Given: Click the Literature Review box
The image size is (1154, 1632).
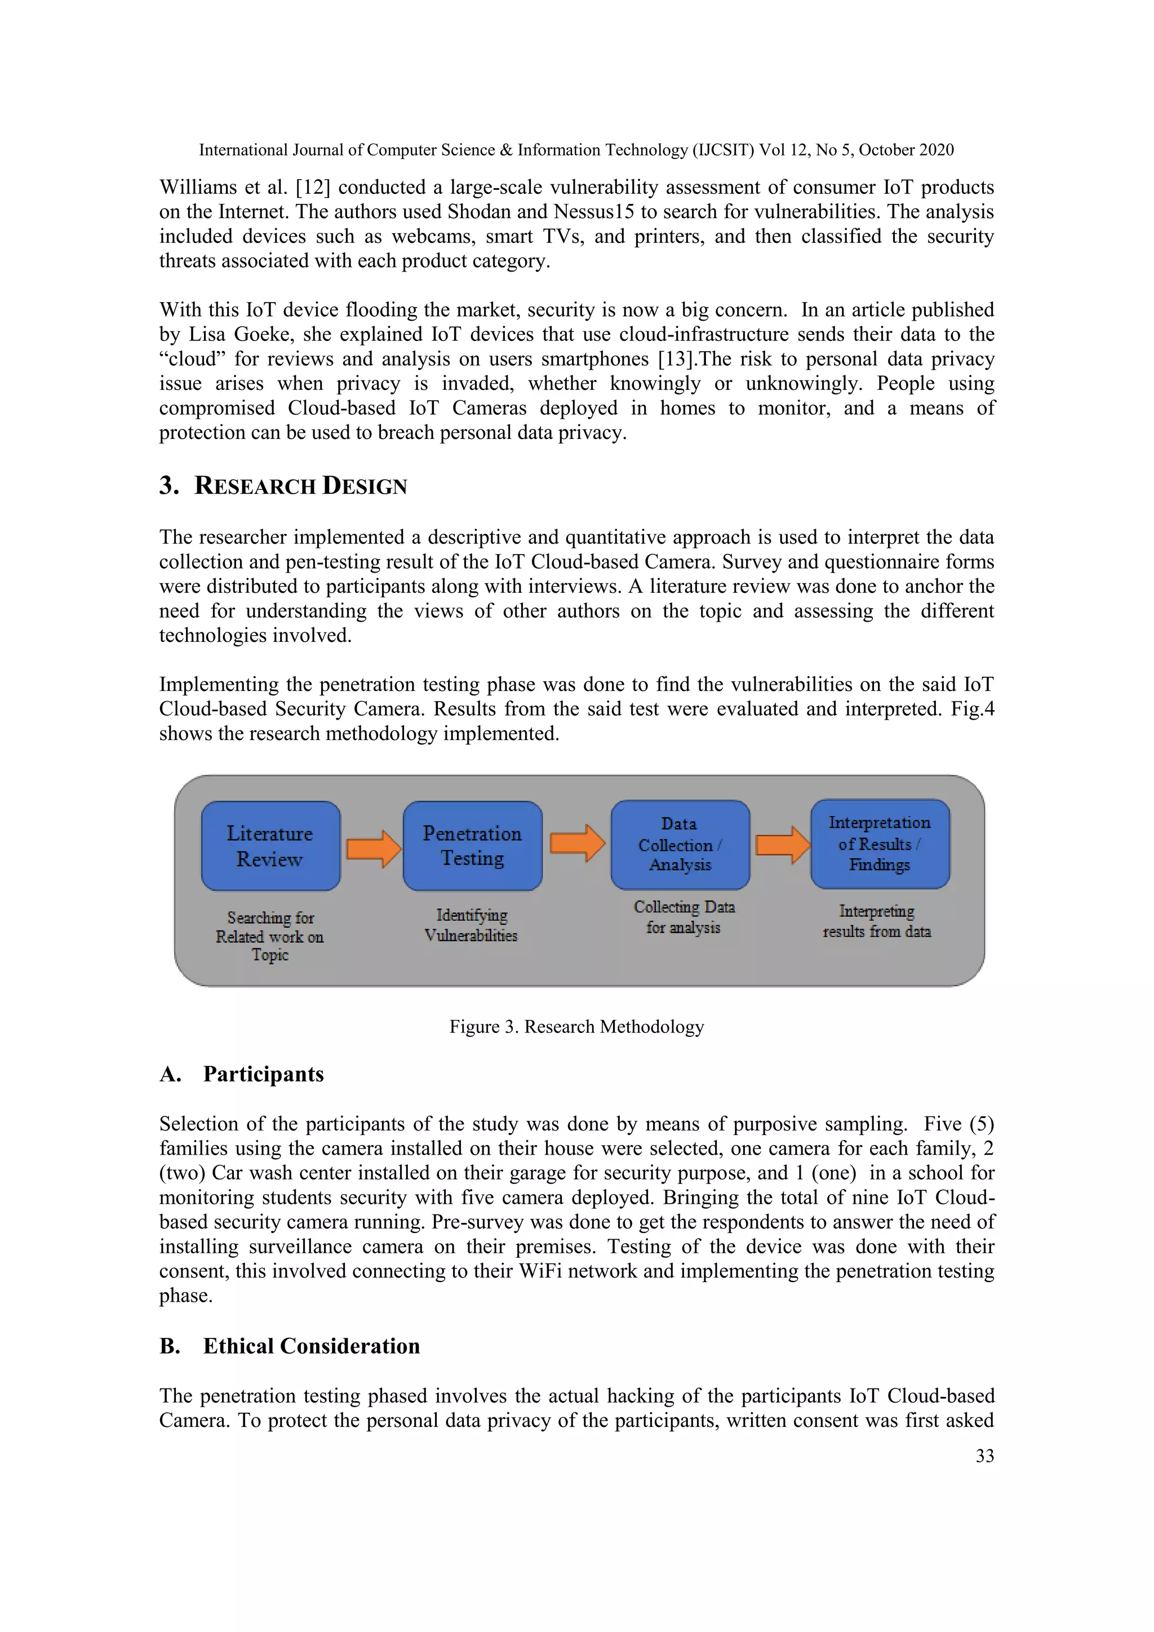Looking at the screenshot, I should click(270, 846).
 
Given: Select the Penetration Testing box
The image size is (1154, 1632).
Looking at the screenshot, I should click(473, 846).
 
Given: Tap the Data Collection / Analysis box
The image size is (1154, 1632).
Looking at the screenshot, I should click(680, 844).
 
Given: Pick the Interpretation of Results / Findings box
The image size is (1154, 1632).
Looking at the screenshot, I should click(880, 844).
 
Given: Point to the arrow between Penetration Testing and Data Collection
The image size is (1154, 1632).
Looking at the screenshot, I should click(577, 843).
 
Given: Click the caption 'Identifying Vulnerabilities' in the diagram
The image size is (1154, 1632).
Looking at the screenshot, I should click(471, 925).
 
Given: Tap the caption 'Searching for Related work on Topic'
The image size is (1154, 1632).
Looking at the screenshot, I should click(270, 936).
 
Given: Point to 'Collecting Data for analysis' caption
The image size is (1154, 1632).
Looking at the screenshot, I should click(683, 917).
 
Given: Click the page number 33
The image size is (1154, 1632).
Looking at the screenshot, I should click(984, 1456).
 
